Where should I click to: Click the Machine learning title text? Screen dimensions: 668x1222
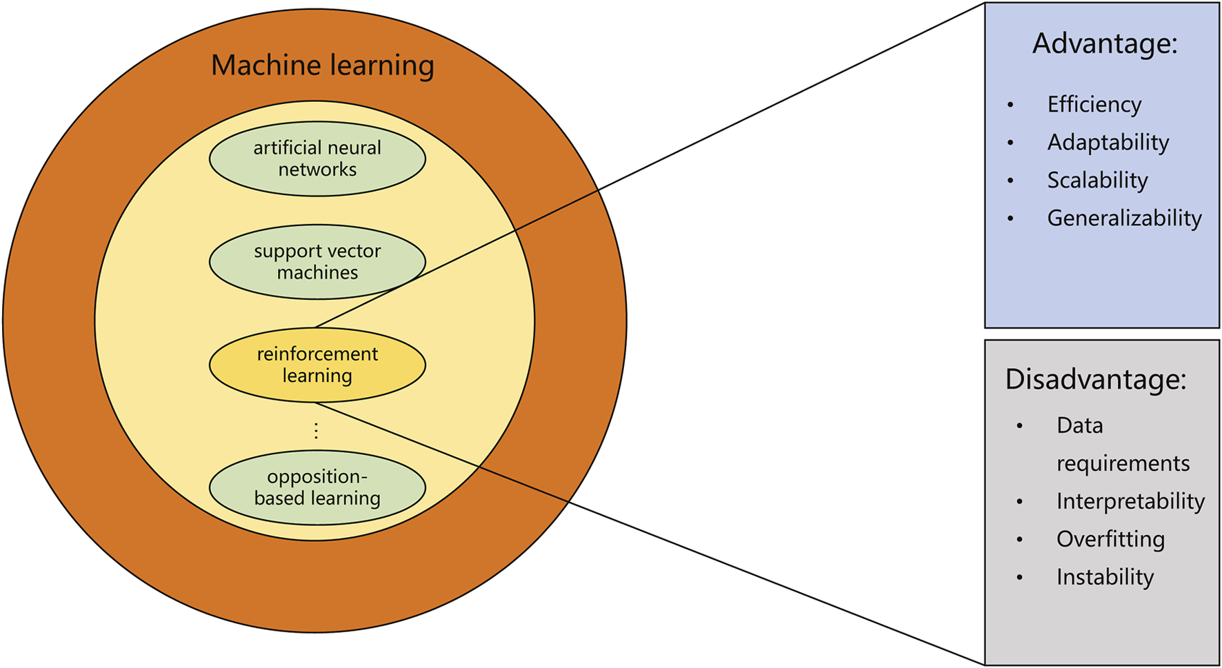pyautogui.click(x=322, y=65)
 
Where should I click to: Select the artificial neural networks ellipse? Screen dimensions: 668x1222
pyautogui.click(x=317, y=159)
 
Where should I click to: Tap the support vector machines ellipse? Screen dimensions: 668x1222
pyautogui.click(x=317, y=262)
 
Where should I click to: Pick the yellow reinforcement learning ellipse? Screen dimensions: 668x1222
pyautogui.click(x=317, y=365)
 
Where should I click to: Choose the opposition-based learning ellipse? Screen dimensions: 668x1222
pyautogui.click(x=317, y=487)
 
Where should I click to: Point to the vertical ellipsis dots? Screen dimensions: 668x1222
pyautogui.click(x=316, y=431)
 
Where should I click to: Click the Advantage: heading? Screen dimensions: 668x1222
pyautogui.click(x=1105, y=43)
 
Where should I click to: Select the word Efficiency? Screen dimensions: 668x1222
pyautogui.click(x=1094, y=104)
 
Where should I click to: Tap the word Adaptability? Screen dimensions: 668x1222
pyautogui.click(x=1108, y=142)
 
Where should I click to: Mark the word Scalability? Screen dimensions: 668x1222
pyautogui.click(x=1097, y=180)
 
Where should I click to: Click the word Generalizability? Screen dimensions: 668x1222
pyautogui.click(x=1124, y=218)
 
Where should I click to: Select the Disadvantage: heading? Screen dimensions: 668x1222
pyautogui.click(x=1095, y=379)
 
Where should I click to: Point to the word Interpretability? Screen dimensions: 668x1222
pyautogui.click(x=1130, y=501)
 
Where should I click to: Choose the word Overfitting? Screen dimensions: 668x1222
pyautogui.click(x=1110, y=539)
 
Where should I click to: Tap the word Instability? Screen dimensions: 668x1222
pyautogui.click(x=1105, y=577)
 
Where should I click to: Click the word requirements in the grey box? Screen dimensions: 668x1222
pyautogui.click(x=1123, y=463)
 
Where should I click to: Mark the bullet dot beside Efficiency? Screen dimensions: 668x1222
pyautogui.click(x=1010, y=105)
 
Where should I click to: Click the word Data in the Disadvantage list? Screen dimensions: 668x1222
pyautogui.click(x=1079, y=425)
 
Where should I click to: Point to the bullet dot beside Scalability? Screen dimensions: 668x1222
pyautogui.click(x=1010, y=181)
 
